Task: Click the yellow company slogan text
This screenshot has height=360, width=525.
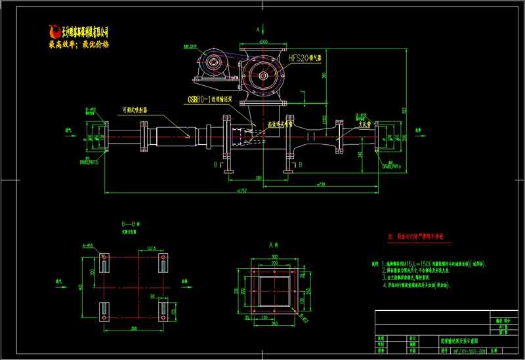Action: [79, 45]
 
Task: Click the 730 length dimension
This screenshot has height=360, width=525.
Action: [322, 184]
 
